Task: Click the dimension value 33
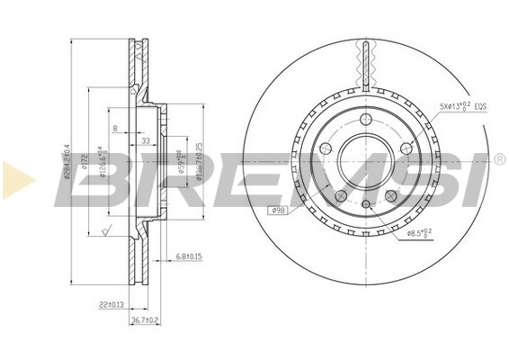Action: coord(146,140)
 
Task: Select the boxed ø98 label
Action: coord(278,211)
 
